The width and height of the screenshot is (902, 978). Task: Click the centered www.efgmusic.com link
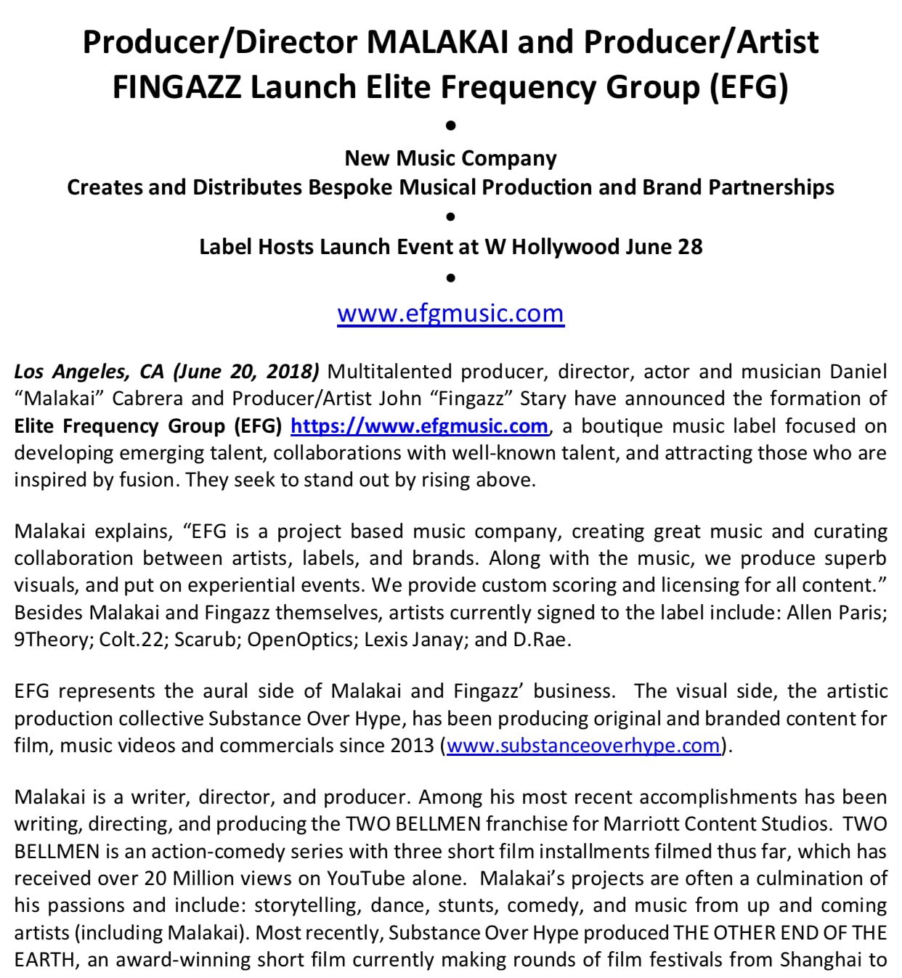click(450, 313)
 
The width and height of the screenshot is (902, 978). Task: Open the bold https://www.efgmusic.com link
click(419, 425)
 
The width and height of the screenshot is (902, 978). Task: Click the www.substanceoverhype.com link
click(583, 745)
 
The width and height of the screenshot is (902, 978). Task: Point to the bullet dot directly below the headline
click(450, 126)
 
